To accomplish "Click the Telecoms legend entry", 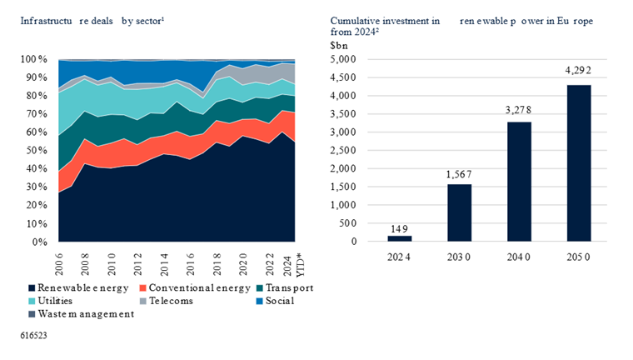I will (166, 300).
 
